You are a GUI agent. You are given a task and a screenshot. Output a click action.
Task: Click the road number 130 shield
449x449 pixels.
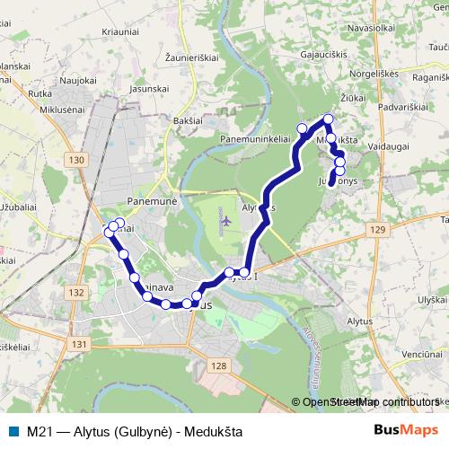click(75, 160)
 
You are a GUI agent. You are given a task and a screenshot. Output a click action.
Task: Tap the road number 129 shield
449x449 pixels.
click(376, 231)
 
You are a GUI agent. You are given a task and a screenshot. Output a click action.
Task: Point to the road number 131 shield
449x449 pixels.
click(80, 344)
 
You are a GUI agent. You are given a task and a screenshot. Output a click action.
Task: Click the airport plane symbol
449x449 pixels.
click(224, 220)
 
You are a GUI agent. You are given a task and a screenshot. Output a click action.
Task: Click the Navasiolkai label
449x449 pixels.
click(371, 29)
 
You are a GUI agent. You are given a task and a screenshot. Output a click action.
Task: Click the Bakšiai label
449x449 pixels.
click(189, 119)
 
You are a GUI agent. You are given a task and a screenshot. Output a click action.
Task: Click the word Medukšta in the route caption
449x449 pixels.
click(213, 431)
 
